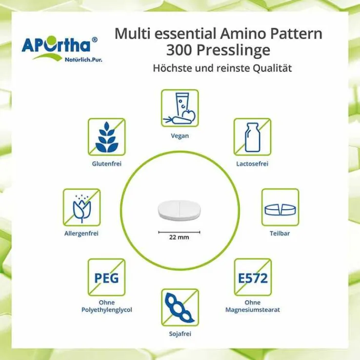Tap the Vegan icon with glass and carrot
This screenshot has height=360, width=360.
click(x=180, y=108)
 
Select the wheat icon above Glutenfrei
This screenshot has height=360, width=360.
click(x=107, y=137)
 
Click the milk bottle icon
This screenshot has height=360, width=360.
click(x=252, y=137)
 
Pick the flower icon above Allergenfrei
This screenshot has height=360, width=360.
click(x=82, y=207)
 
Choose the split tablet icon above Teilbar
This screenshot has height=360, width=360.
click(x=280, y=207)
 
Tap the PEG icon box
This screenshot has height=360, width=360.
click(x=107, y=278)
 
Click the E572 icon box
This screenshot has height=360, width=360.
click(x=253, y=278)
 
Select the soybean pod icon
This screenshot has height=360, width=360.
click(x=180, y=308)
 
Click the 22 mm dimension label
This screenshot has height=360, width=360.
click(x=179, y=237)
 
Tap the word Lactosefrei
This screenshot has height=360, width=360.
click(x=252, y=164)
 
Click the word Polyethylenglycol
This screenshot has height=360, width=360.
click(x=107, y=310)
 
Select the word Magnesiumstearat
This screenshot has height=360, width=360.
click(x=253, y=310)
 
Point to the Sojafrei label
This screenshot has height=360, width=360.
click(x=180, y=334)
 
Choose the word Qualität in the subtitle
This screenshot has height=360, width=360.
click(x=272, y=68)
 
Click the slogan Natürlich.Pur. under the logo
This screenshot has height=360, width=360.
click(x=83, y=60)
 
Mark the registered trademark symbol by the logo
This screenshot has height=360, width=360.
click(x=94, y=40)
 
